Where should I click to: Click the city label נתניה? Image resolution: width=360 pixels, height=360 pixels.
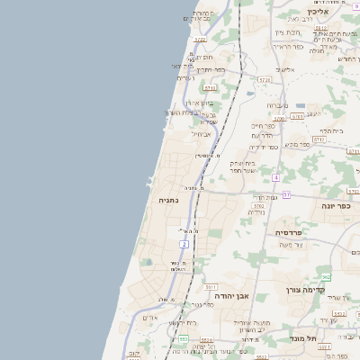pyautogui.click(x=168, y=200)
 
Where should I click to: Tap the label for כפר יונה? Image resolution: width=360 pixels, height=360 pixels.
pyautogui.click(x=335, y=205)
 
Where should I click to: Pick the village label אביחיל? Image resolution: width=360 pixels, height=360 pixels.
pyautogui.click(x=201, y=133)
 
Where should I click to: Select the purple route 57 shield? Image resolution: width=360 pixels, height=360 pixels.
pyautogui.click(x=286, y=194)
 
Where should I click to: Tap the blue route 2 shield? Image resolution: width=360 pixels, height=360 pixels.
pyautogui.click(x=184, y=243)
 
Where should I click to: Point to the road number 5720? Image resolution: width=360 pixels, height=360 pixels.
pyautogui.click(x=264, y=80)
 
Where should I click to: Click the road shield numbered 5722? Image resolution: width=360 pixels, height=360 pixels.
pyautogui.click(x=199, y=40)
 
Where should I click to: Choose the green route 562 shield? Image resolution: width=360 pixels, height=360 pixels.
pyautogui.click(x=326, y=276)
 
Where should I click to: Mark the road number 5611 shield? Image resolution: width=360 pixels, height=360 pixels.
pyautogui.click(x=211, y=88)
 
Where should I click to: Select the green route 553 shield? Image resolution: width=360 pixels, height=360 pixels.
pyautogui.click(x=183, y=338)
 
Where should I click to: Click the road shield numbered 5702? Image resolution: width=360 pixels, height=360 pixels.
pyautogui.click(x=259, y=206)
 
